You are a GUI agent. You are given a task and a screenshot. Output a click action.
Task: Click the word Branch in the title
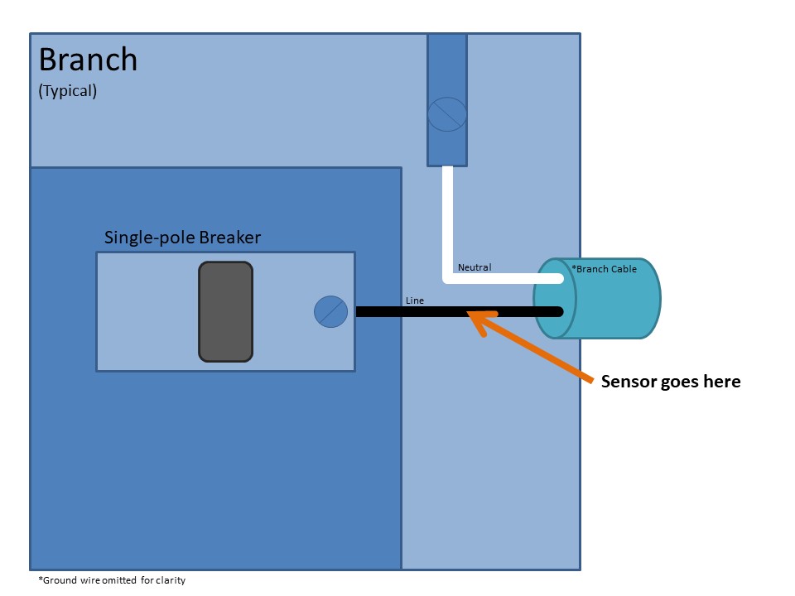tap(88, 60)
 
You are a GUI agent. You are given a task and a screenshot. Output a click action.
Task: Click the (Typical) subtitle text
tap(68, 91)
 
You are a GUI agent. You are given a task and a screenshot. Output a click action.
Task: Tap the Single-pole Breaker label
tap(182, 238)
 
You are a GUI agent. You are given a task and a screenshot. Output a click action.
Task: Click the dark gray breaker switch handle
tap(225, 311)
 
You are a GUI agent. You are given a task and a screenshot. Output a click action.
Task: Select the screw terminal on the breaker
tap(330, 312)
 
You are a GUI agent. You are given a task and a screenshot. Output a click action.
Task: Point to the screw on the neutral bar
tap(447, 114)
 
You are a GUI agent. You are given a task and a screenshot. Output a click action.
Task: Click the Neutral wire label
tap(475, 267)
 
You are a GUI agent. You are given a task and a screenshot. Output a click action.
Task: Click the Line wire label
tap(415, 300)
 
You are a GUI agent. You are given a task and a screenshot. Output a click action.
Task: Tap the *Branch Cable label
tap(605, 269)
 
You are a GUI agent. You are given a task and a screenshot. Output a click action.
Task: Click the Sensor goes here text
tap(671, 382)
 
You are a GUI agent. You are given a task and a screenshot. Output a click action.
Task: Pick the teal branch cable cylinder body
tap(613, 306)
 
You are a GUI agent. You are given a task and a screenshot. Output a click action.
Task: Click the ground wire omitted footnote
tap(112, 580)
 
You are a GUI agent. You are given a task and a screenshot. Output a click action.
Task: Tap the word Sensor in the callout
tap(627, 382)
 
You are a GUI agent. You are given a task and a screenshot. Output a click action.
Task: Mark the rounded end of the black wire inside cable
tap(560, 312)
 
